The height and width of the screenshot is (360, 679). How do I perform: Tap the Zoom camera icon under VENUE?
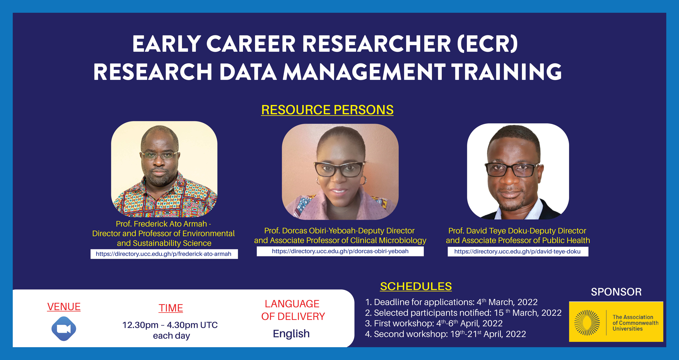[64, 329]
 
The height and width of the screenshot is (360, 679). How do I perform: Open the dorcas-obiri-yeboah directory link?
[340, 251]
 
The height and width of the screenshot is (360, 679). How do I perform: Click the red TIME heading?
[171, 308]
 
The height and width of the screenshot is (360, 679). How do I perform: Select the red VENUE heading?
[64, 307]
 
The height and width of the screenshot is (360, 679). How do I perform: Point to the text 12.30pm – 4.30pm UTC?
[170, 325]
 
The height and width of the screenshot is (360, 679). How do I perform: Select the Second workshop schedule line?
[445, 334]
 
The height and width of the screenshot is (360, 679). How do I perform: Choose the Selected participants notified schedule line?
[463, 313]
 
